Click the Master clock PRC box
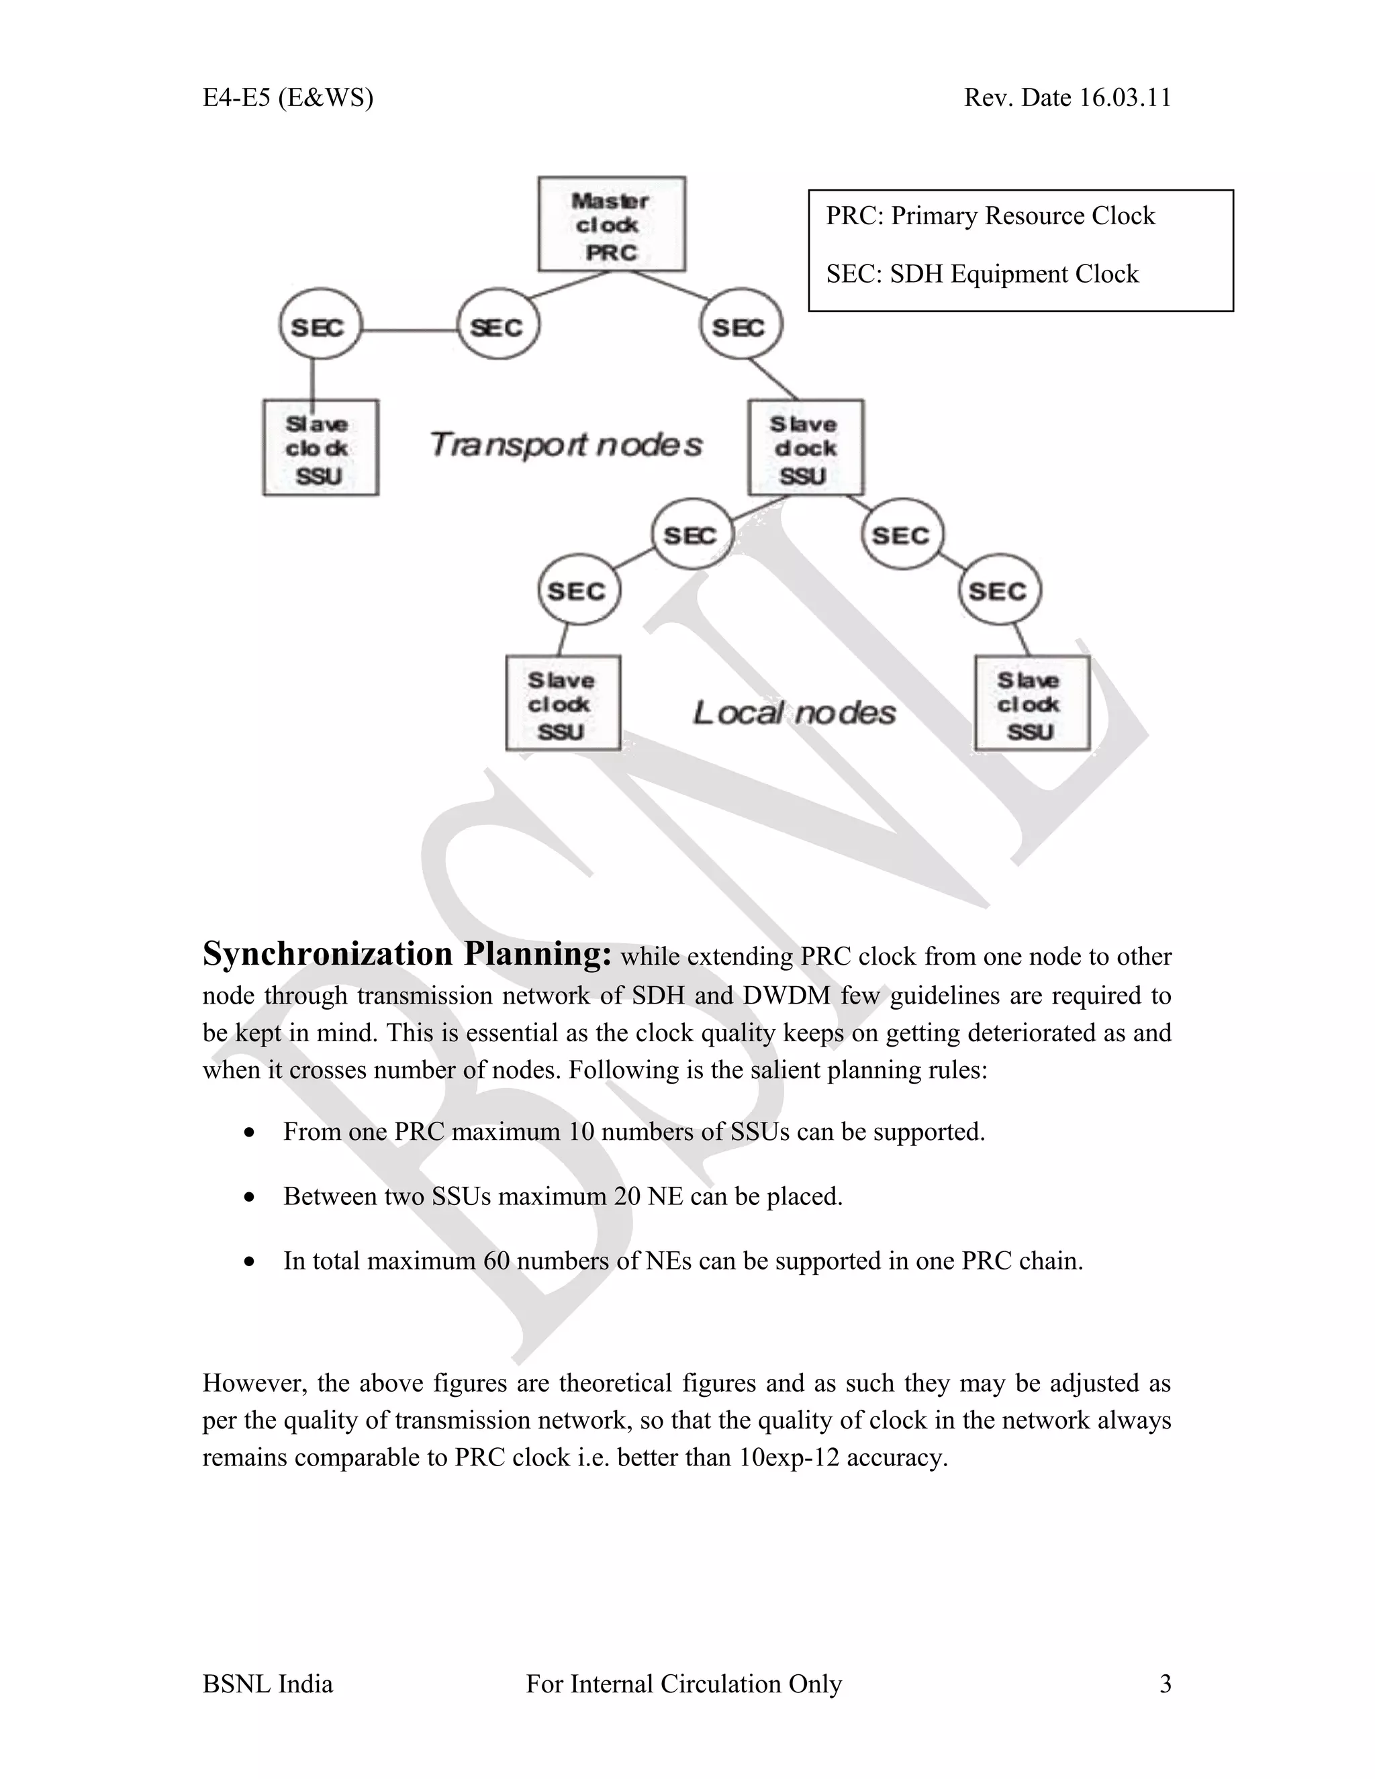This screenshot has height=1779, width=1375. [611, 224]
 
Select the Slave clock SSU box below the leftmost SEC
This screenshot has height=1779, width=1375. [320, 447]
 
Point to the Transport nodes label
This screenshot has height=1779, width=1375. [565, 444]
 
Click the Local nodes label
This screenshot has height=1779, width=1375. [794, 713]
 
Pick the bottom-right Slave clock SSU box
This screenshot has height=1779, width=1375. [1031, 704]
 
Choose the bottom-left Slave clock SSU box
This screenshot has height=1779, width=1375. [562, 704]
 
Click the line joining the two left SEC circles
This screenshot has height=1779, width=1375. [409, 330]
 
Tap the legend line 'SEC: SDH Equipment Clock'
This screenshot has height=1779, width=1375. [982, 274]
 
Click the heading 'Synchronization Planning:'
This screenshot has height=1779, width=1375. [406, 954]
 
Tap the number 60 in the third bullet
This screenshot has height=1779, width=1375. [496, 1260]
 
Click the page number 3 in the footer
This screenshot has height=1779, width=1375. [1165, 1683]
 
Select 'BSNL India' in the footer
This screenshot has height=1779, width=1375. [267, 1684]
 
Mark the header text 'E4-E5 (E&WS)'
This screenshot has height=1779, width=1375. [287, 98]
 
